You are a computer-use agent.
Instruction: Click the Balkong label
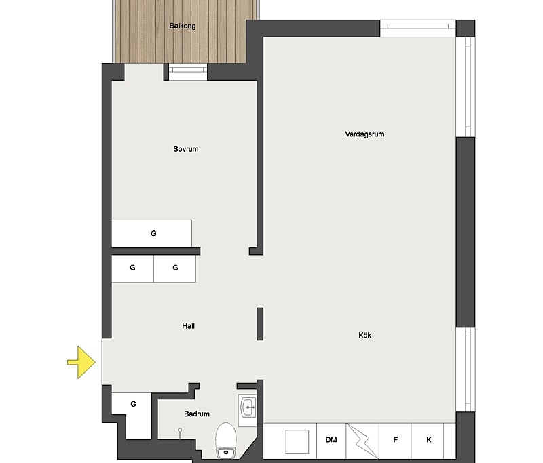point(183,26)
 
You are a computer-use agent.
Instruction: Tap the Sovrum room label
point(186,149)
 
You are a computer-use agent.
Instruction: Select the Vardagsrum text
point(364,134)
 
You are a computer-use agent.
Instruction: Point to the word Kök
point(365,335)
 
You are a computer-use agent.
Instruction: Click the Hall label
point(189,325)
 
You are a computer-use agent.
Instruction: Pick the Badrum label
point(197,414)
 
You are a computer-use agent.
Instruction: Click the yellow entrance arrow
point(81,362)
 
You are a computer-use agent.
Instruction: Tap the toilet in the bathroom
point(226,440)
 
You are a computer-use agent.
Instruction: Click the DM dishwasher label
point(331,439)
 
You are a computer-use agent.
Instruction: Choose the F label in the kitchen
point(396,439)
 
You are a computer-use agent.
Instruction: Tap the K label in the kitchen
point(429,439)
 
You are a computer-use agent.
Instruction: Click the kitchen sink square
point(297,441)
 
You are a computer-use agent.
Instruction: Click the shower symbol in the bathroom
point(180,432)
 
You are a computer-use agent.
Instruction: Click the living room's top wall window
point(418,28)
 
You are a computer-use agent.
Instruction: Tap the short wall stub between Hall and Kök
point(260,323)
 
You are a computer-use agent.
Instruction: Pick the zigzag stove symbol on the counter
point(362,440)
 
